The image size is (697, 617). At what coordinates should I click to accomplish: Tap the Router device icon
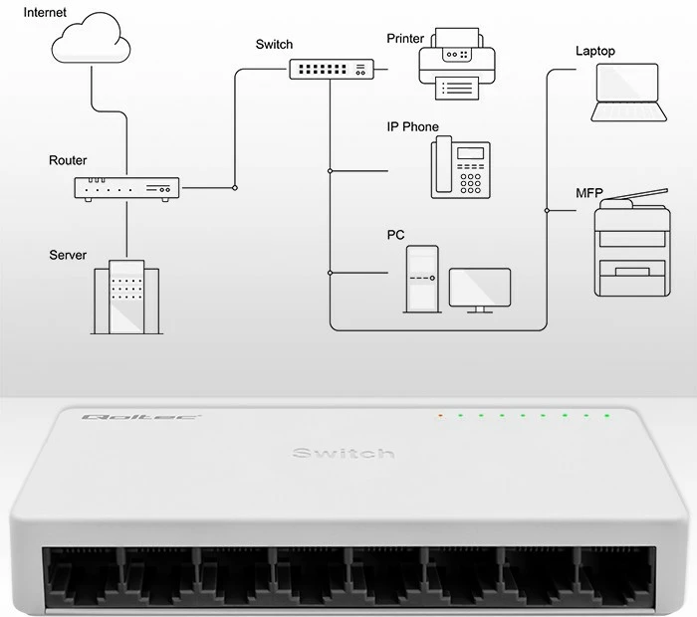(x=126, y=189)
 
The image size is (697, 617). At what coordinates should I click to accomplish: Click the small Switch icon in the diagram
(x=332, y=69)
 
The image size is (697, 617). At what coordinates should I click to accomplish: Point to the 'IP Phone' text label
(x=412, y=127)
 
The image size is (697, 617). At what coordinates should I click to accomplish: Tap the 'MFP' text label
(x=588, y=192)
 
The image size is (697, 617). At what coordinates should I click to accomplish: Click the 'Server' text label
(x=68, y=256)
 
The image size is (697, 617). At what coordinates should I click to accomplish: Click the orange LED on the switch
(x=439, y=415)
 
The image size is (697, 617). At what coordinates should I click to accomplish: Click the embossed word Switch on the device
(x=344, y=454)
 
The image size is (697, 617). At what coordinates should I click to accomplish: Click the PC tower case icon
(x=421, y=279)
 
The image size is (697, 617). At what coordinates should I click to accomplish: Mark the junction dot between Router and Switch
(x=234, y=186)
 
